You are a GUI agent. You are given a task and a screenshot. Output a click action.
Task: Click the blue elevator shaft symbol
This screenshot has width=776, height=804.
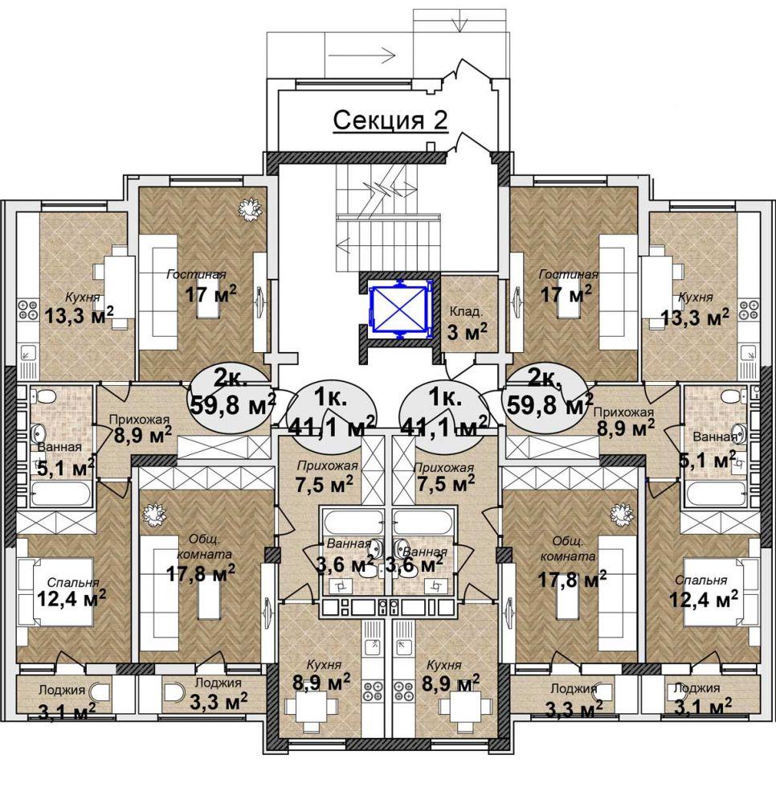(398, 310)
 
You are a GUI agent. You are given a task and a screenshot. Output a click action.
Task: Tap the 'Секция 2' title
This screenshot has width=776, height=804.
(390, 121)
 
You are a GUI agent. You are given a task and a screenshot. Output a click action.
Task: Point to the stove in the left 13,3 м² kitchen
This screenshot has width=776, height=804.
(27, 310)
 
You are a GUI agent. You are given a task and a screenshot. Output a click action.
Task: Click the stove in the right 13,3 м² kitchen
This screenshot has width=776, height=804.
(748, 310)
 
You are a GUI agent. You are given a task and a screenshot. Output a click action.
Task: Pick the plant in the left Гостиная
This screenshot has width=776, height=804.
(250, 209)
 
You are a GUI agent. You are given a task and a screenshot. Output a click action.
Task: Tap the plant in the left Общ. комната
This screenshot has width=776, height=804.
(152, 513)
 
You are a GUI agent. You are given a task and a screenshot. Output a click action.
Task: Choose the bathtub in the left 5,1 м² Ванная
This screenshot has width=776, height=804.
(60, 494)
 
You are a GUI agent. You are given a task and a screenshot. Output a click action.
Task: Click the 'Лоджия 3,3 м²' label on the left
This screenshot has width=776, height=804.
(219, 693)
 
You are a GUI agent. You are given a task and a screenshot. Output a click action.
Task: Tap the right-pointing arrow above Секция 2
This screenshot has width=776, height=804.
(361, 55)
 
